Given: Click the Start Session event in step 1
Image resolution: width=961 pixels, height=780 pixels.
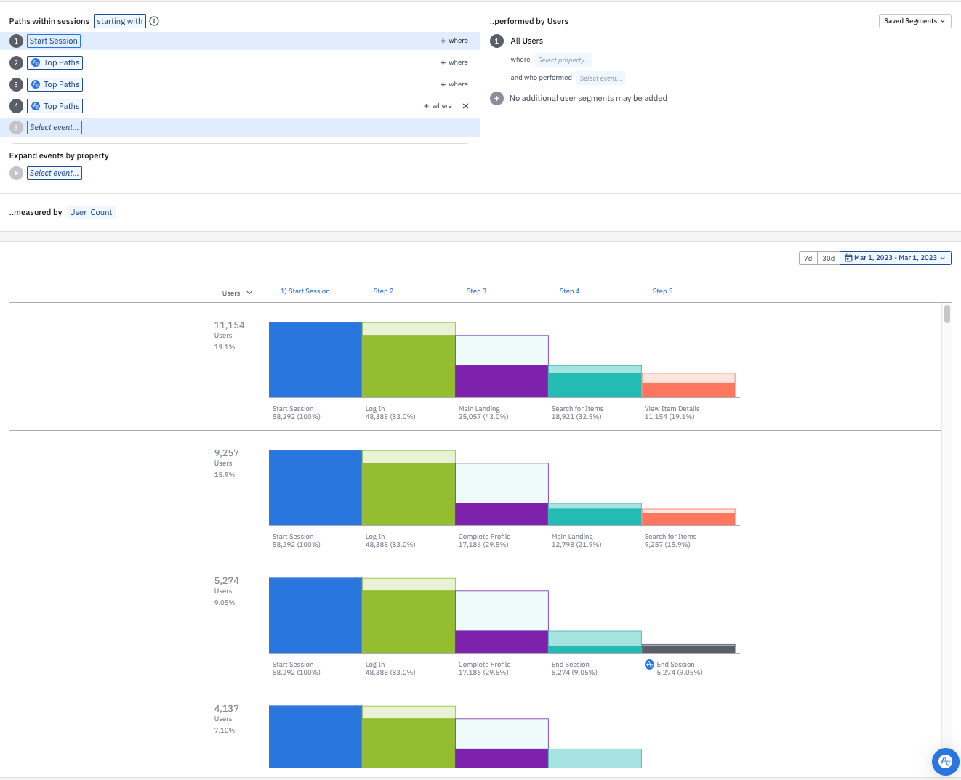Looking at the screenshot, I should [x=53, y=41].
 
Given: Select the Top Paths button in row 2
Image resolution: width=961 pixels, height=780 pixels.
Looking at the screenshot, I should [x=55, y=63].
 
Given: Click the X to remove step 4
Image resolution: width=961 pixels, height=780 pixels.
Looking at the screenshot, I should [x=465, y=106].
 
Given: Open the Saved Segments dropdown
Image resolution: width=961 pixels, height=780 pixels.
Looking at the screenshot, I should [x=914, y=21].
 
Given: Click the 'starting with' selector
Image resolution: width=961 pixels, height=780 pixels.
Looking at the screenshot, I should [x=120, y=21].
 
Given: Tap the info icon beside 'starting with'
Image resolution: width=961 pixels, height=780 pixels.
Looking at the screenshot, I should [x=154, y=21].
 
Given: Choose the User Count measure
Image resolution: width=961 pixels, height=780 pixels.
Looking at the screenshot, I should [x=91, y=213].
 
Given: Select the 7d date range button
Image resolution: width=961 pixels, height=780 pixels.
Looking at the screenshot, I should [x=808, y=259].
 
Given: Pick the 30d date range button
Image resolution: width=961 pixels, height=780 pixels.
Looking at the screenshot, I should [x=828, y=259].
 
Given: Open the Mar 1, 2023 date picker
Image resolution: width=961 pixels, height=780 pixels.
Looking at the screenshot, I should [x=895, y=258].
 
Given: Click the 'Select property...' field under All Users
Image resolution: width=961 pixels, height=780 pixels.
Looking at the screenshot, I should [x=563, y=60].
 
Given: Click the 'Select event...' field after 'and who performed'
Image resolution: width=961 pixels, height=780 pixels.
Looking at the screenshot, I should [x=600, y=78].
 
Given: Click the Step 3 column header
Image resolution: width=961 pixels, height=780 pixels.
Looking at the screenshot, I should [x=476, y=291].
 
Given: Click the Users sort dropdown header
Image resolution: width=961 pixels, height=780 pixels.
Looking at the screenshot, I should [x=237, y=293].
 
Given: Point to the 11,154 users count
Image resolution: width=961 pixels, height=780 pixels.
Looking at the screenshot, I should [x=229, y=325].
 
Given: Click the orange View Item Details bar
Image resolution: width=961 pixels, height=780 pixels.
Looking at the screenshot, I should [x=688, y=390].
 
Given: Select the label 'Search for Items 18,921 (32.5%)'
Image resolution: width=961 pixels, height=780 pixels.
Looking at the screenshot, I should [x=577, y=413].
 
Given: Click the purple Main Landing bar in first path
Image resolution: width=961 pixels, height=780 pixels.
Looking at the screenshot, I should [x=502, y=381].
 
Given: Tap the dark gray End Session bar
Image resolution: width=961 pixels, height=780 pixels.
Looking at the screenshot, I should [x=688, y=649].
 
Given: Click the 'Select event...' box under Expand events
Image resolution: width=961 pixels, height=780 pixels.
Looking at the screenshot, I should [x=55, y=174].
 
